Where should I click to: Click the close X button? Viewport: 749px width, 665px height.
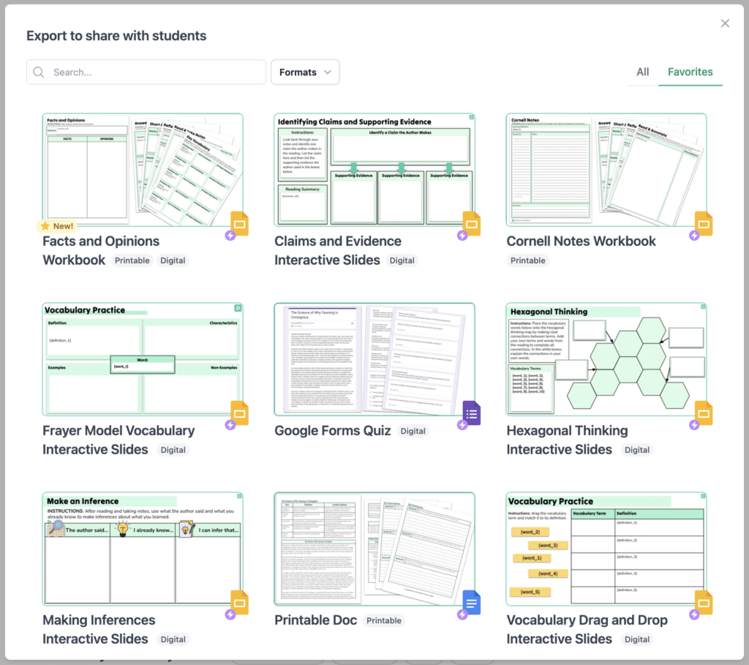click(725, 23)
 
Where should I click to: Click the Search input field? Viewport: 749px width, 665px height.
click(146, 72)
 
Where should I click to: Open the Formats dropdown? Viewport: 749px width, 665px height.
click(305, 72)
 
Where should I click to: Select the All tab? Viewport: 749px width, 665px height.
click(642, 72)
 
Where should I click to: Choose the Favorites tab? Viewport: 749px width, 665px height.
click(690, 72)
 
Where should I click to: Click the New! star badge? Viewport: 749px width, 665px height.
click(56, 226)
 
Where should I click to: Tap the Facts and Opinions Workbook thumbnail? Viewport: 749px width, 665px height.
click(143, 170)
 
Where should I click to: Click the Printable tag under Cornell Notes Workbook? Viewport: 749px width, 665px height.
click(528, 260)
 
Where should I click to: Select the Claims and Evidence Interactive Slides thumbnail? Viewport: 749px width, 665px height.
click(374, 170)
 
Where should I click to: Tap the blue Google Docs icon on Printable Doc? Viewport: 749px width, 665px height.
click(472, 603)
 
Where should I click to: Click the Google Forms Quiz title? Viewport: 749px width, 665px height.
click(333, 431)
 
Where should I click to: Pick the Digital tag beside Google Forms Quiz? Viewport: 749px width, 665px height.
click(413, 432)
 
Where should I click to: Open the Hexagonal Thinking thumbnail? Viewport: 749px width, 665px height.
click(606, 359)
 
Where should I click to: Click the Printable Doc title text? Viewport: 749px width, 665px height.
click(316, 620)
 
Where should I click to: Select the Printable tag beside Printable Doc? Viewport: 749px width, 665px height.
click(384, 621)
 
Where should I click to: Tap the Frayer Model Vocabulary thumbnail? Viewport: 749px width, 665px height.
click(143, 359)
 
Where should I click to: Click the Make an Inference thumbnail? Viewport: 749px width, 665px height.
click(143, 549)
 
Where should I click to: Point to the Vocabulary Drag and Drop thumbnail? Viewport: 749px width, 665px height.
click(606, 549)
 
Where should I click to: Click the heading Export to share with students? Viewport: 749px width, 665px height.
click(116, 36)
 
